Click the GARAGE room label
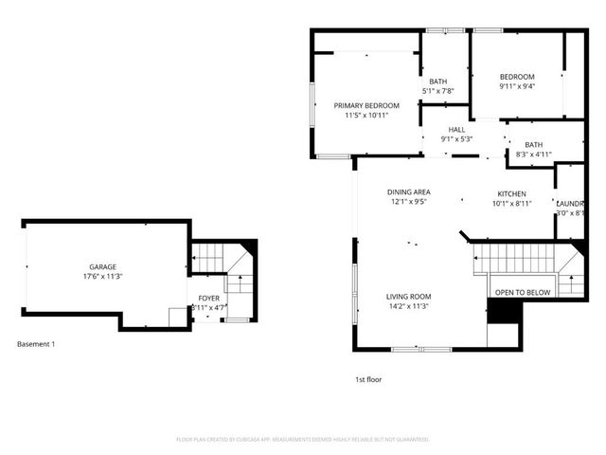click(102, 266)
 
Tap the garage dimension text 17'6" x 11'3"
click(102, 277)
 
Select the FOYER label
click(208, 298)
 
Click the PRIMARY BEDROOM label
click(366, 105)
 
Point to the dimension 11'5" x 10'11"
click(366, 115)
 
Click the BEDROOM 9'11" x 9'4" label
click(517, 77)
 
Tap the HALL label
click(457, 129)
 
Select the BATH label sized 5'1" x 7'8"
click(438, 82)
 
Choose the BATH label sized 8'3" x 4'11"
click(531, 144)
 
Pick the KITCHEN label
click(511, 193)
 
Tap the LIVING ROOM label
click(409, 296)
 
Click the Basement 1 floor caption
click(36, 343)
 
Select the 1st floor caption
click(367, 379)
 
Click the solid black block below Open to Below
click(502, 312)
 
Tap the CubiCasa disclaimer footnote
click(303, 440)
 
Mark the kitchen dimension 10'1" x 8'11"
click(511, 203)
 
